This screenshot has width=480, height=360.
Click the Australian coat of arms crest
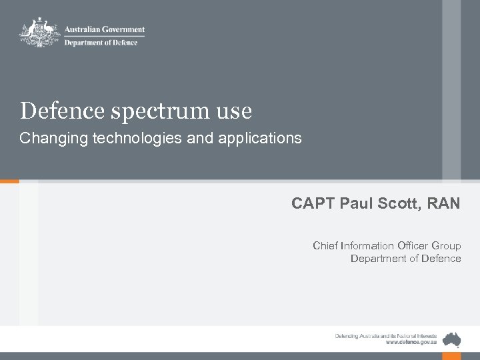40,32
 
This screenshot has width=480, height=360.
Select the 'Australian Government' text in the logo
104,29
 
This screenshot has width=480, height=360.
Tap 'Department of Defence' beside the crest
101,43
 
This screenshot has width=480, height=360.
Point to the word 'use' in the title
236,111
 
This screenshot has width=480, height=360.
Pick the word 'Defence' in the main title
61,111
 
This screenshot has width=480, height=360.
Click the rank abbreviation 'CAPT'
313,203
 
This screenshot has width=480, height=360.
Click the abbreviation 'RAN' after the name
443,203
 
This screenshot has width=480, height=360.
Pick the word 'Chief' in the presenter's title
325,245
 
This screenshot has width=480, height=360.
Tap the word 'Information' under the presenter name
367,245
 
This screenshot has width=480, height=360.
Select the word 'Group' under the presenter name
446,245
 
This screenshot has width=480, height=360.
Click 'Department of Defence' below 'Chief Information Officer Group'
405,259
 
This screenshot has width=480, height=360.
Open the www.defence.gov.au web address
411,341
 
